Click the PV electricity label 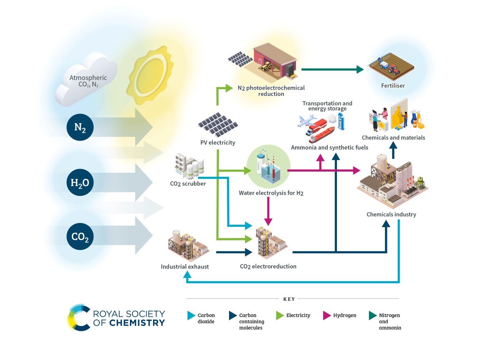tap(218, 142)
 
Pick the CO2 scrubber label tap(188, 184)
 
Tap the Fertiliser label tap(393, 86)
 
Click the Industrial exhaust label tap(185, 266)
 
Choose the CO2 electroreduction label tap(268, 266)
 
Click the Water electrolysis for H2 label tap(271, 193)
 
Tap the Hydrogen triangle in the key tap(326, 316)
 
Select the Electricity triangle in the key tap(280, 316)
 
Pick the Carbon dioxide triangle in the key tap(191, 316)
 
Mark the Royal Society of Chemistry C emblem tap(78, 318)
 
